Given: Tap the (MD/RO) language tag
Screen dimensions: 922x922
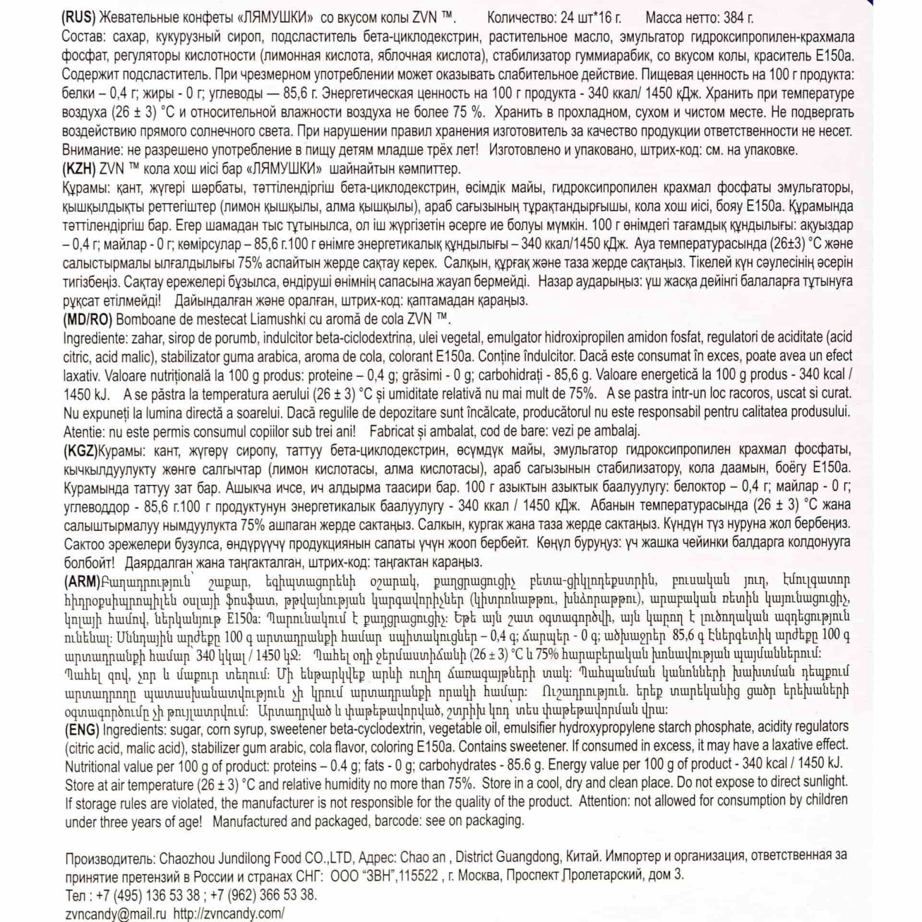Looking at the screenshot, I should [88, 319].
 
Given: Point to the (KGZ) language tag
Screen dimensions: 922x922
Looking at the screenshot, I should [80, 450].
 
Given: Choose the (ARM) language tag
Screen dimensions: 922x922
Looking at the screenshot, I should [82, 581].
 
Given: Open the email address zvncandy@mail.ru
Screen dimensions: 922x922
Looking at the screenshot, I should [115, 914].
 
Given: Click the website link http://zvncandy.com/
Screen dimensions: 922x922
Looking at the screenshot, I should [229, 914].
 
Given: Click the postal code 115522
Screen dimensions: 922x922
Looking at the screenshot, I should [418, 876].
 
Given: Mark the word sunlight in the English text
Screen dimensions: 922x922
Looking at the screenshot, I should [821, 782].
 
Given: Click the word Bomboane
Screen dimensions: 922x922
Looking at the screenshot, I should [142, 319].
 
